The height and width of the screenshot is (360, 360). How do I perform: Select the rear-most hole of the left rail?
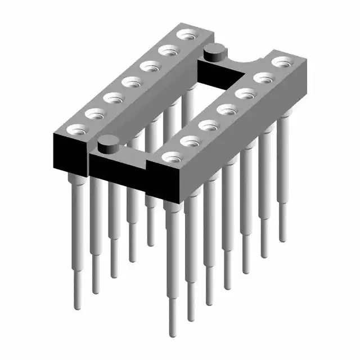184,35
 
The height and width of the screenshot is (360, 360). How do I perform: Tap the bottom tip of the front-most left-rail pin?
78,307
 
